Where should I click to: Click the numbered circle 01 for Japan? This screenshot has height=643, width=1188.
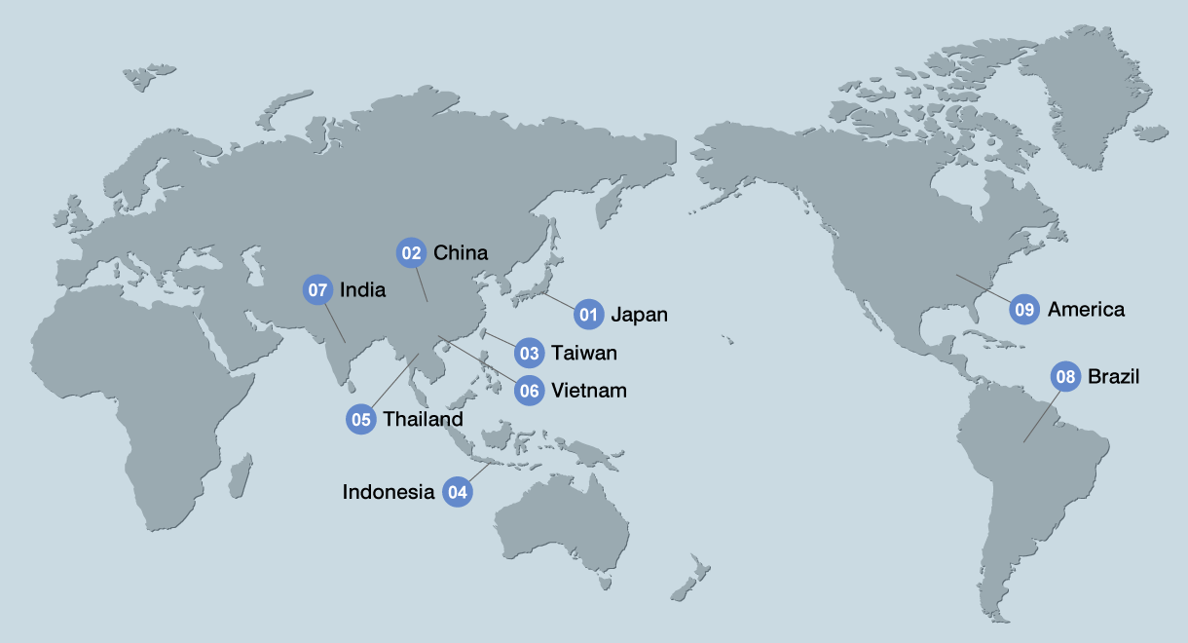pyautogui.click(x=588, y=314)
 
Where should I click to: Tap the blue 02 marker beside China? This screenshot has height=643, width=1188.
pyautogui.click(x=411, y=253)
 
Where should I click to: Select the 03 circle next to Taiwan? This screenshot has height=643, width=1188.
pyautogui.click(x=529, y=353)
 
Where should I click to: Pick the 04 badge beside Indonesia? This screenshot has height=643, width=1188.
pyautogui.click(x=457, y=492)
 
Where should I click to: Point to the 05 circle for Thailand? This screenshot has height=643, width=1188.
pyautogui.click(x=361, y=420)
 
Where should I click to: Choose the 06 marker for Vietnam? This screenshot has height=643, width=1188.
pyautogui.click(x=529, y=391)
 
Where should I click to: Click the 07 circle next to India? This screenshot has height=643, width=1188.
pyautogui.click(x=317, y=290)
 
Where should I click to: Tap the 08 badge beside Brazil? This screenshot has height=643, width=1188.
pyautogui.click(x=1065, y=376)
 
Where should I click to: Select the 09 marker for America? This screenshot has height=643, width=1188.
pyautogui.click(x=1024, y=310)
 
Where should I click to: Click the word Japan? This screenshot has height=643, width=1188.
pyautogui.click(x=639, y=315)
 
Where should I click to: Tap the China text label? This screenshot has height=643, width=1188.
pyautogui.click(x=461, y=253)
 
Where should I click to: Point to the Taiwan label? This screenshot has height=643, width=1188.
pyautogui.click(x=584, y=353)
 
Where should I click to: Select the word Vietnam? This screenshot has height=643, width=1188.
pyautogui.click(x=589, y=391)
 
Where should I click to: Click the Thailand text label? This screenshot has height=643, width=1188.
pyautogui.click(x=423, y=420)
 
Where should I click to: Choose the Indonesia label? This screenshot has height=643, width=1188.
pyautogui.click(x=389, y=492)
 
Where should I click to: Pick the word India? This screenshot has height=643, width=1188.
pyautogui.click(x=362, y=290)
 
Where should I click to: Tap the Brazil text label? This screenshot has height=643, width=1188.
pyautogui.click(x=1113, y=376)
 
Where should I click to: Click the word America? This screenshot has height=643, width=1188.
pyautogui.click(x=1086, y=310)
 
